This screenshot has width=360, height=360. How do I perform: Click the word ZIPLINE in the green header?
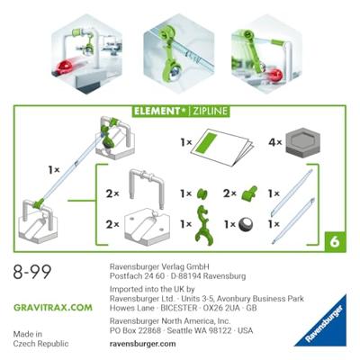pyautogui.click(x=210, y=112)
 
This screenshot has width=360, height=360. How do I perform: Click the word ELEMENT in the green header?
pyautogui.click(x=157, y=112)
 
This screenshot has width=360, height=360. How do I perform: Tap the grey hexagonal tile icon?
pyautogui.click(x=302, y=141)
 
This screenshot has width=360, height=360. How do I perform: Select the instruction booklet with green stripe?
pyautogui.click(x=222, y=147)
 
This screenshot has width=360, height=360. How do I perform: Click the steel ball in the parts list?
pyautogui.click(x=246, y=224)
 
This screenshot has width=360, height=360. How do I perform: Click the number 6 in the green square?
pyautogui.click(x=335, y=241)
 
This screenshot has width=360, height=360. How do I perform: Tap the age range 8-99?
pyautogui.click(x=32, y=272)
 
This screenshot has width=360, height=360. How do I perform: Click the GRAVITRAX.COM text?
pyautogui.click(x=53, y=308)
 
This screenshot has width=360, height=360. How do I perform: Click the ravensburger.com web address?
pyautogui.click(x=142, y=344)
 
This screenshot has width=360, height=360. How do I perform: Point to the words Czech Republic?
pyautogui.click(x=40, y=344)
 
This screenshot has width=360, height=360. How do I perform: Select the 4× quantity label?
pyautogui.click(x=275, y=142)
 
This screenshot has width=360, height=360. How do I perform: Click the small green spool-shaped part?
pyautogui.click(x=202, y=193)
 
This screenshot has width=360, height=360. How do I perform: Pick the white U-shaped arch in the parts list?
pyautogui.click(x=147, y=187)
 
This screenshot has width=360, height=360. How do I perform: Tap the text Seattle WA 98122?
pyautogui.click(x=199, y=330)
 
